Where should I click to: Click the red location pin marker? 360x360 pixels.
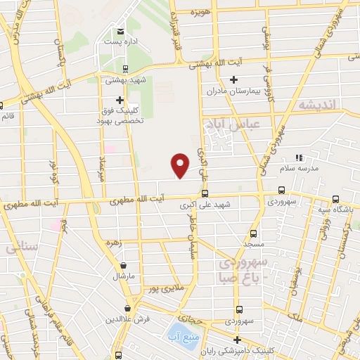(181, 165)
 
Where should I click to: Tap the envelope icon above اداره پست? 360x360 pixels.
(120, 32)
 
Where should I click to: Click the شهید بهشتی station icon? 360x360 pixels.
(124, 69)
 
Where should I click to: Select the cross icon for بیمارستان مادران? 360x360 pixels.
(234, 79)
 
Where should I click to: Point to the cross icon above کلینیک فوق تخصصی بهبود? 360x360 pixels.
(120, 100)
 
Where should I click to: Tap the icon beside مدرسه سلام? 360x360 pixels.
(298, 157)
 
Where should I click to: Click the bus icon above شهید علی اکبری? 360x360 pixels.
(205, 193)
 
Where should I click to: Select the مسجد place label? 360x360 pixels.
(254, 243)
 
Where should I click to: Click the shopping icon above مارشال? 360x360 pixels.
(124, 266)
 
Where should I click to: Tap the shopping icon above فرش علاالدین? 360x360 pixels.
(127, 308)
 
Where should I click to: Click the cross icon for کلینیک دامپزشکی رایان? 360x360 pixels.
(237, 340)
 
